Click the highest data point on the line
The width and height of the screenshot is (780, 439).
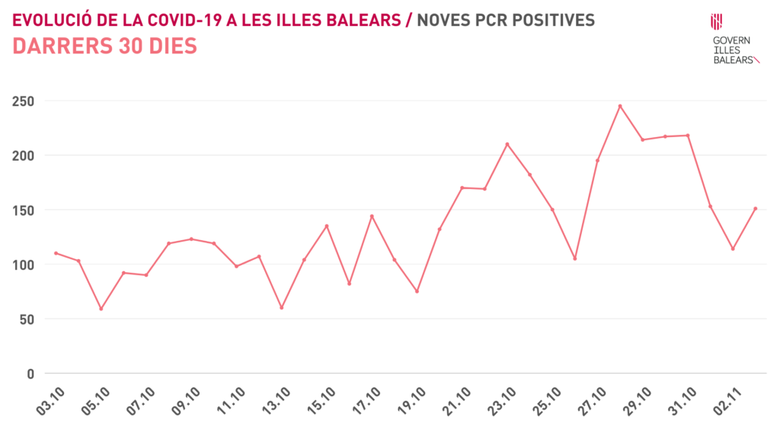(x=620, y=106)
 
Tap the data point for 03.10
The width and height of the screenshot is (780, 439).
(x=56, y=253)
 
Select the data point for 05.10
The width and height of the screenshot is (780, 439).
(x=101, y=309)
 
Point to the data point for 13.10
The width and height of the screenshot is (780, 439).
(x=281, y=307)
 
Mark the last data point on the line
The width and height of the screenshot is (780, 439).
(x=755, y=208)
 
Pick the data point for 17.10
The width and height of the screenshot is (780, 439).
(x=372, y=216)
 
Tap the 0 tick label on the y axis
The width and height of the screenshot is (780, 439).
(x=30, y=373)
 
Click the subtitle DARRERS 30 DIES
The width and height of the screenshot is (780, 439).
(x=105, y=46)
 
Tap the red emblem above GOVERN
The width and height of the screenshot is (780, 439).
(x=716, y=22)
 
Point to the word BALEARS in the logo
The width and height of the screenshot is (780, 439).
(x=733, y=59)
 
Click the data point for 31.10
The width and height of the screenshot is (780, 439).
(x=688, y=136)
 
